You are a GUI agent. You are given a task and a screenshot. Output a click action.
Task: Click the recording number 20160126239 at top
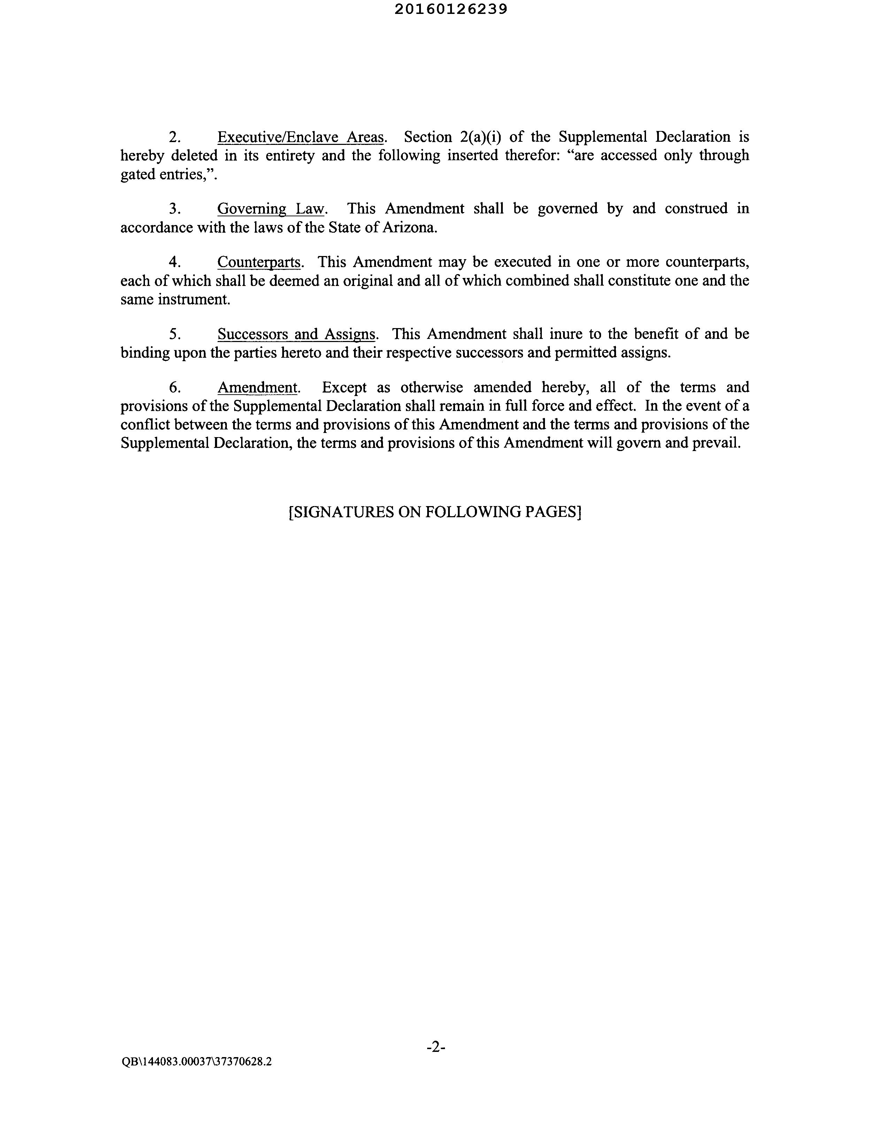(x=451, y=9)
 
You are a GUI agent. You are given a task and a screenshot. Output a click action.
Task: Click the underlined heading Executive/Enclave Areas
(x=300, y=137)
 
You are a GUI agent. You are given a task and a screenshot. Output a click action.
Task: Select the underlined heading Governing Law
(x=271, y=209)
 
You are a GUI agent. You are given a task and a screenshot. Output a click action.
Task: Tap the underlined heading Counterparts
(x=259, y=262)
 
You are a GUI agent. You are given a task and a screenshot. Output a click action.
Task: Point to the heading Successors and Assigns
(x=296, y=334)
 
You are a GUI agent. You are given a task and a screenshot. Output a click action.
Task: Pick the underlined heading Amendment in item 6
(x=257, y=387)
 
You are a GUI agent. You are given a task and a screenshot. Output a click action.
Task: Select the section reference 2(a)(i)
(x=480, y=137)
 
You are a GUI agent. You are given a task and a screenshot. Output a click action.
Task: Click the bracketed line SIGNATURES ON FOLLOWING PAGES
(x=435, y=512)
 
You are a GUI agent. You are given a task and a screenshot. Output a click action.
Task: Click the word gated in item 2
(x=138, y=174)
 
